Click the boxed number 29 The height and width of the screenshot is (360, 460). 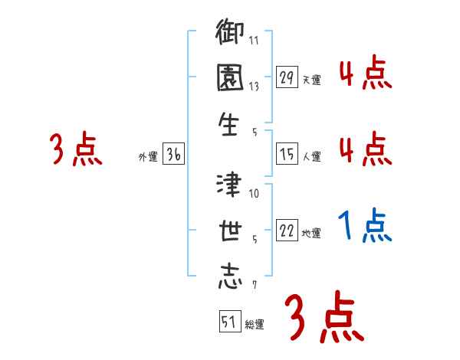point(287,77)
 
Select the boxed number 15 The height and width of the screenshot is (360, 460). point(287,154)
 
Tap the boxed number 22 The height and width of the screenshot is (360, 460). point(287,231)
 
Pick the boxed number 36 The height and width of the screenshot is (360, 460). point(173,155)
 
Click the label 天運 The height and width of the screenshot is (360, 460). point(311,80)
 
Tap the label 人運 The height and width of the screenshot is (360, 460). point(311,156)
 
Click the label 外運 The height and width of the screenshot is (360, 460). point(147,157)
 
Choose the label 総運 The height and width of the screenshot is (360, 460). point(255,325)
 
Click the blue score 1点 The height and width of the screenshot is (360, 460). point(365,225)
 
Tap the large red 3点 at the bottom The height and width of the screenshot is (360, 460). point(324,317)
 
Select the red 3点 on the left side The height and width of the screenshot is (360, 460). point(75,149)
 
